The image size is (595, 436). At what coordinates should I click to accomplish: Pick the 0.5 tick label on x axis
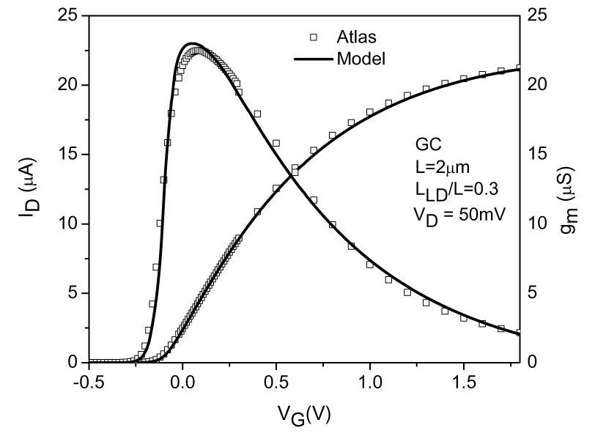(x=276, y=383)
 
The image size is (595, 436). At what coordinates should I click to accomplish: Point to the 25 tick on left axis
(x=68, y=15)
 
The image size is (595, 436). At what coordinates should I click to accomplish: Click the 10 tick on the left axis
(x=68, y=223)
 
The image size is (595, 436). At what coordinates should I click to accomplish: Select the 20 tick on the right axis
(x=537, y=85)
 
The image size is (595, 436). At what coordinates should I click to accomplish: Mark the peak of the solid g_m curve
(x=191, y=43)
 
